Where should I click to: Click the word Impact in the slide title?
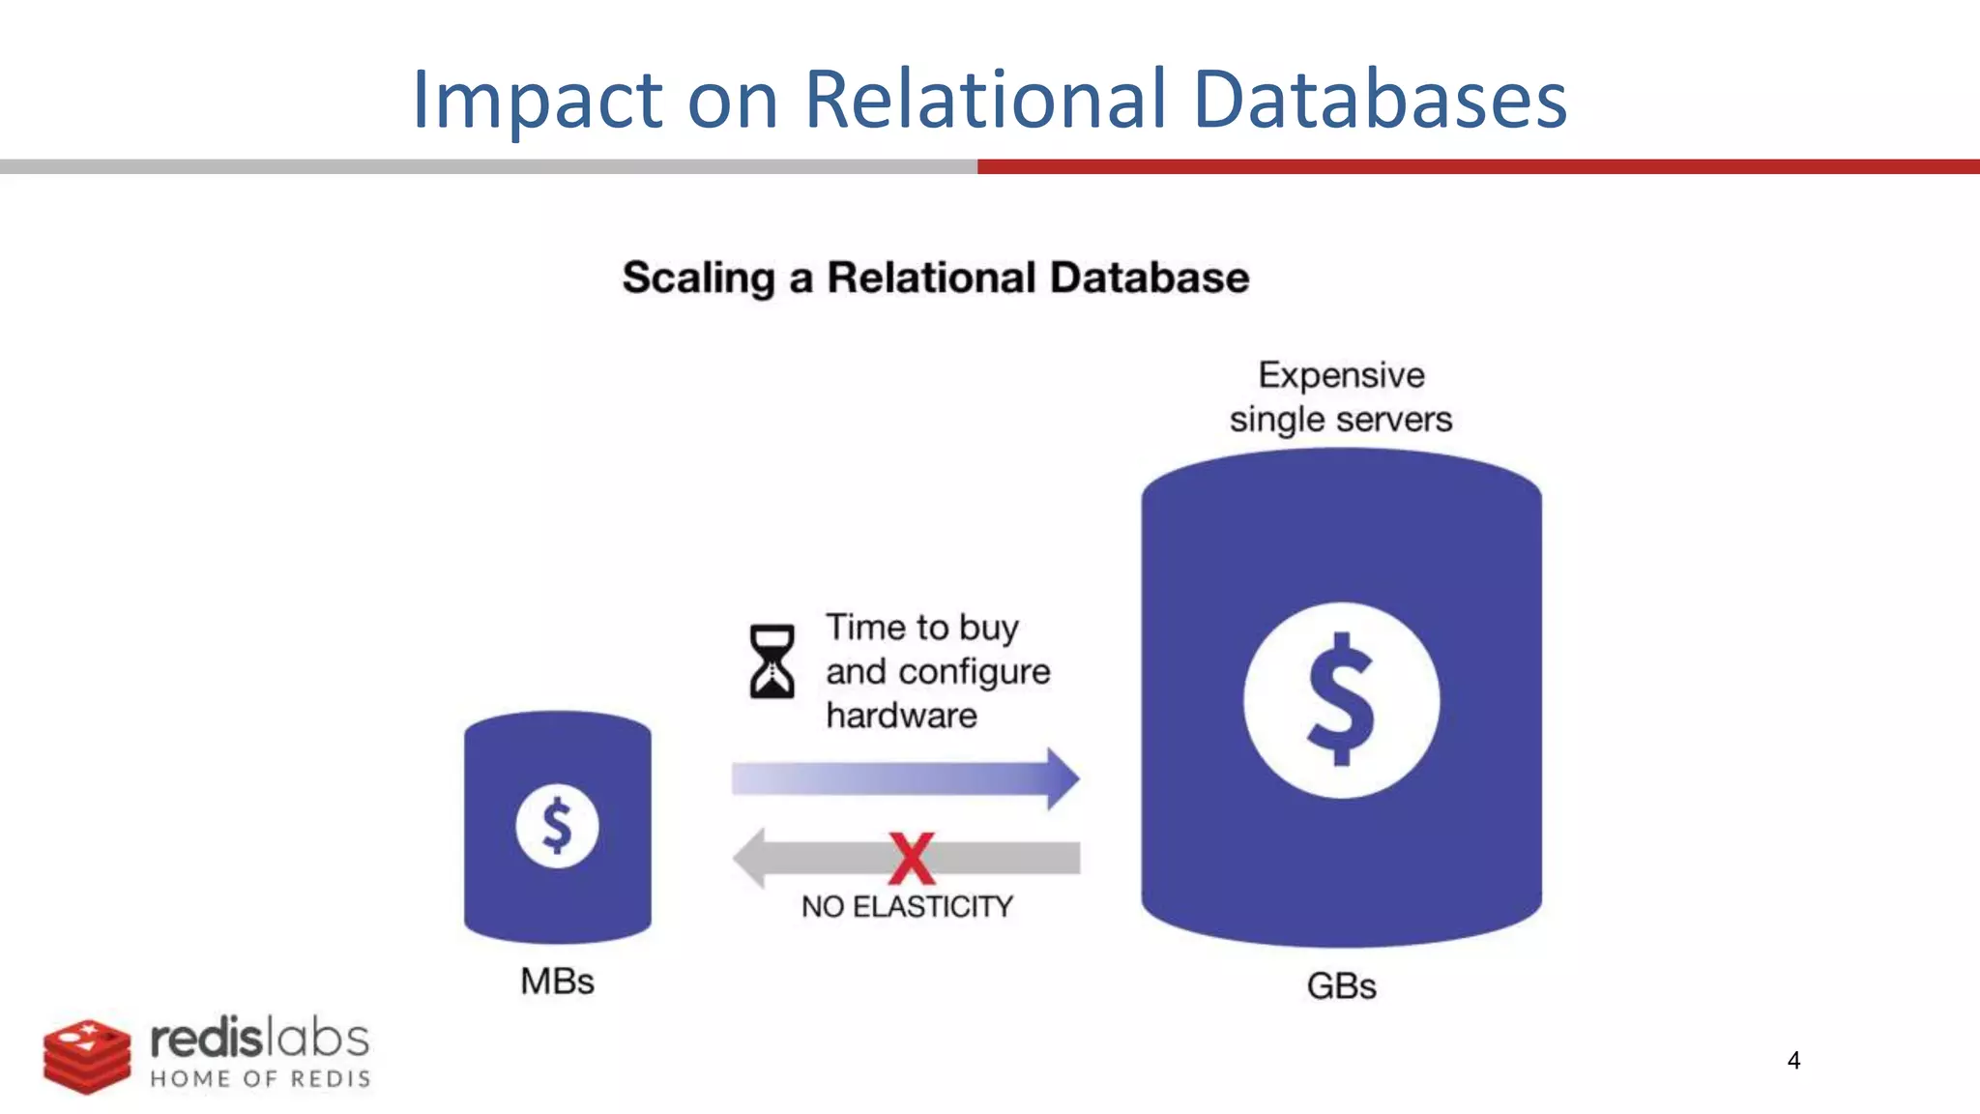(538, 100)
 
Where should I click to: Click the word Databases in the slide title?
(1380, 100)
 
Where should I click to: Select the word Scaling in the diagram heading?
(698, 278)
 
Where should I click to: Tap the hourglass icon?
(772, 661)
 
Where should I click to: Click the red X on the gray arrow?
(912, 859)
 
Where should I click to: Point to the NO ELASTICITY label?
(907, 907)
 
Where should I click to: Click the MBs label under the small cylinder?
(557, 982)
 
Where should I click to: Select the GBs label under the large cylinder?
(1341, 986)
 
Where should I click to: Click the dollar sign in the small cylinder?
(557, 826)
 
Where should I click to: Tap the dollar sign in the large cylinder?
(1341, 699)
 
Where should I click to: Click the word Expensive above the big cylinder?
(1341, 375)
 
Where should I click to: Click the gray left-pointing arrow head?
(750, 858)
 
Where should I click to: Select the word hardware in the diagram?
(901, 717)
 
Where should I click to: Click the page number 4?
(1793, 1061)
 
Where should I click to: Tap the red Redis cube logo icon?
(86, 1056)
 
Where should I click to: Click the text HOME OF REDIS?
(260, 1079)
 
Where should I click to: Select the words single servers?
(1341, 420)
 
